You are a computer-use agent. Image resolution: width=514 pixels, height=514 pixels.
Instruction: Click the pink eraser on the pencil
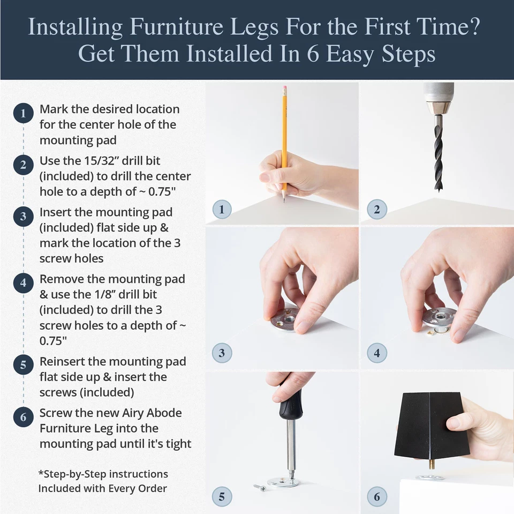(284, 87)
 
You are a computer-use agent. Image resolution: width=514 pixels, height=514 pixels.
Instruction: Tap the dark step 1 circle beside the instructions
(23, 114)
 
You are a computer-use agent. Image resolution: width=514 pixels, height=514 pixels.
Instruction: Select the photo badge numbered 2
(377, 209)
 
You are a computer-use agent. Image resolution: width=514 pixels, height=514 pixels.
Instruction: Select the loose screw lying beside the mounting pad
(260, 487)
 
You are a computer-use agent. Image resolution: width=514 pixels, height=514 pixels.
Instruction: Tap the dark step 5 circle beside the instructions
(23, 366)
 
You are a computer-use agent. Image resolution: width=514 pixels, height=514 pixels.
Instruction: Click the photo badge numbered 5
(222, 496)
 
